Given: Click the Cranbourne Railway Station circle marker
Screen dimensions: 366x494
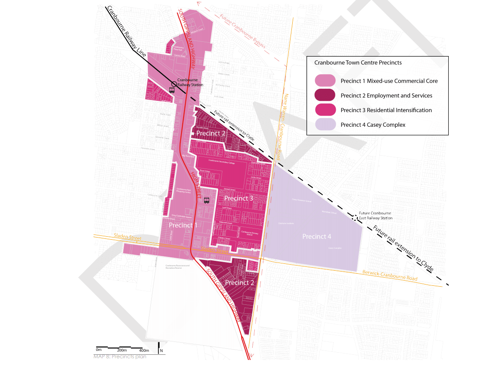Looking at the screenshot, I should pyautogui.click(x=174, y=84).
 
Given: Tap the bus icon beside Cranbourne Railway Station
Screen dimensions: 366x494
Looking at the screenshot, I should pyautogui.click(x=172, y=91).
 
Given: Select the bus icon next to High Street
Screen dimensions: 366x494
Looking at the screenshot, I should pyautogui.click(x=206, y=200).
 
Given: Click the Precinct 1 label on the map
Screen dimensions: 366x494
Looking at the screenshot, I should pyautogui.click(x=183, y=225).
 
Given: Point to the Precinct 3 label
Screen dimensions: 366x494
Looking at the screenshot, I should pyautogui.click(x=239, y=198).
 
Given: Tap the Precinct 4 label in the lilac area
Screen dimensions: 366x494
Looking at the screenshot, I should pyautogui.click(x=317, y=236).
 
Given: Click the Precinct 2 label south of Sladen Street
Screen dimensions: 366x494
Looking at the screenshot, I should pyautogui.click(x=240, y=283).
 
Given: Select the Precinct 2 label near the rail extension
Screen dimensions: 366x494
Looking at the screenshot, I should pyautogui.click(x=211, y=134).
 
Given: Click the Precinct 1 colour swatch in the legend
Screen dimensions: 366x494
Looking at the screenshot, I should pyautogui.click(x=325, y=81).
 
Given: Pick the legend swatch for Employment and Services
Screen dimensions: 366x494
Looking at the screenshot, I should pyautogui.click(x=325, y=96).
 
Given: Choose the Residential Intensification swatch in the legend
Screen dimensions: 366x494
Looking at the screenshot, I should pyautogui.click(x=325, y=110).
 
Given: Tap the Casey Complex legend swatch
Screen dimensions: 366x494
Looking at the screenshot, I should pyautogui.click(x=325, y=125).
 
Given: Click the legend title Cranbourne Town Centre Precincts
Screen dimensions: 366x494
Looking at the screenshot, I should pyautogui.click(x=358, y=63).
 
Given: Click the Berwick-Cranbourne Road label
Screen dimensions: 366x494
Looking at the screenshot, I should pyautogui.click(x=390, y=275).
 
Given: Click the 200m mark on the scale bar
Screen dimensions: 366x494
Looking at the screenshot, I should pyautogui.click(x=122, y=350).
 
